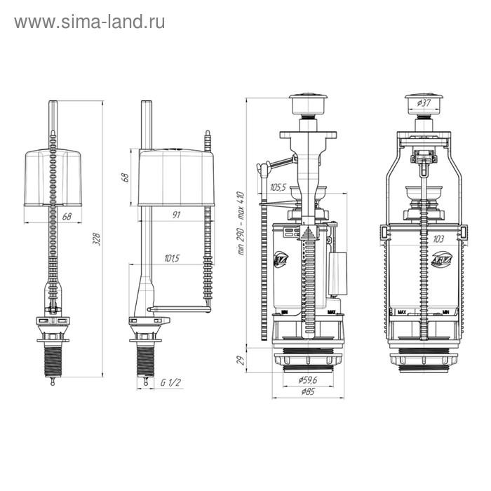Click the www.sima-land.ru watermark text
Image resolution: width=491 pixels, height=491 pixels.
(90, 22)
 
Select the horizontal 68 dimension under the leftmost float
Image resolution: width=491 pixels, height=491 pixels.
(67, 217)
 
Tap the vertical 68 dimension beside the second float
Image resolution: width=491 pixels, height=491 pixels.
(126, 177)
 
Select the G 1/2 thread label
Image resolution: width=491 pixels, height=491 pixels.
(170, 382)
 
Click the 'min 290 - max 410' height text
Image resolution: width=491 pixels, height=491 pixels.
(240, 223)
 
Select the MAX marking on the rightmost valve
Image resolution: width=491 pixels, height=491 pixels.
(403, 311)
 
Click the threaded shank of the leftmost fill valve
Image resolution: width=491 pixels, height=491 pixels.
(52, 354)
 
